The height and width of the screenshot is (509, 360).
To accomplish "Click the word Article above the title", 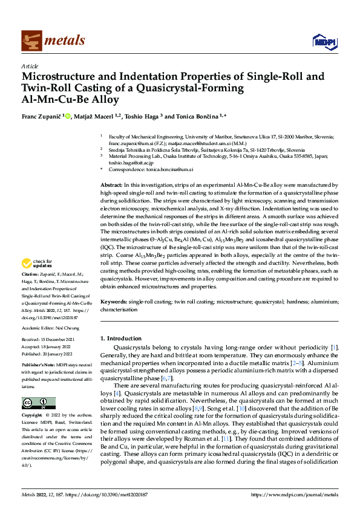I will (x=30, y=66).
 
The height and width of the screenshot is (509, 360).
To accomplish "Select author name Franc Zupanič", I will (x=40, y=116).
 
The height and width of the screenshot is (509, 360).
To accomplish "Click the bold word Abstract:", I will (x=111, y=184).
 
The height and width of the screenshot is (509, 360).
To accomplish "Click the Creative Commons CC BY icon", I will (x=39, y=403).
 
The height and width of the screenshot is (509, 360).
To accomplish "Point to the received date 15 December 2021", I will (x=59, y=339).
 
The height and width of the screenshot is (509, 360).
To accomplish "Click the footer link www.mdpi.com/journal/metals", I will (x=297, y=493).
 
